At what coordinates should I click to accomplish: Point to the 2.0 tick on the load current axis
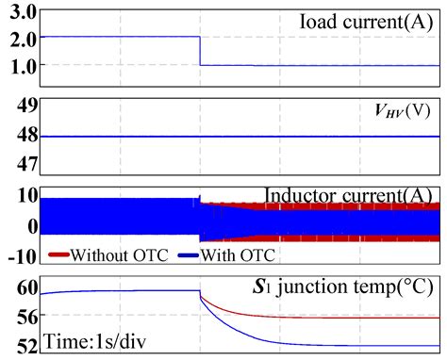tap(20, 39)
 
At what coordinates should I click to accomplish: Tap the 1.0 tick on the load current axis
tap(20, 66)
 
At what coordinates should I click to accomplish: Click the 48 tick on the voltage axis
tap(21, 137)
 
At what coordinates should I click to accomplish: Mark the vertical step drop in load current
tap(200, 52)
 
